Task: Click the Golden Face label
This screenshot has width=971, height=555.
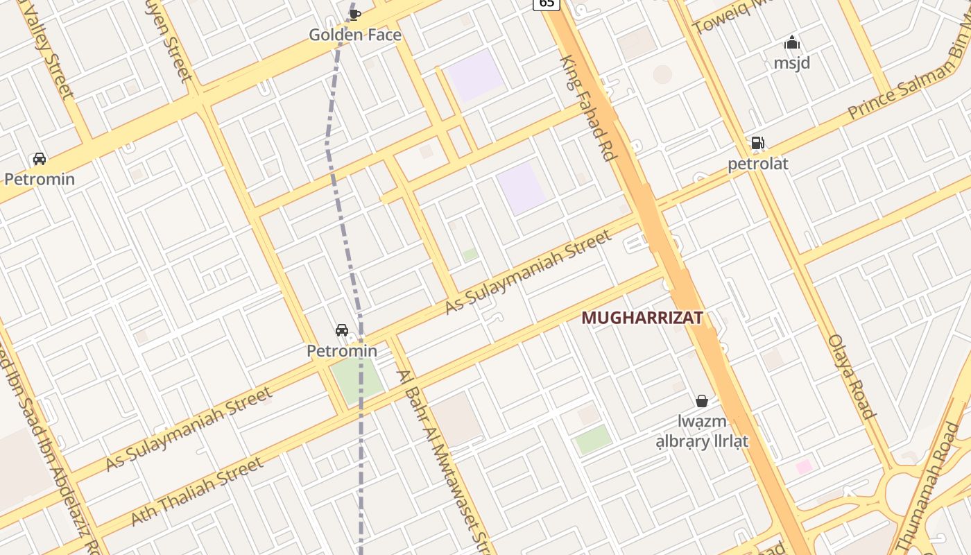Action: click(x=354, y=35)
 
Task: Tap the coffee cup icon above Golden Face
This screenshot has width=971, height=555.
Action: click(x=354, y=14)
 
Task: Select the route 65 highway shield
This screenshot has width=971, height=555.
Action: click(x=547, y=3)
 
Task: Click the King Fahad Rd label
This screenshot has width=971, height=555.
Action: click(x=588, y=108)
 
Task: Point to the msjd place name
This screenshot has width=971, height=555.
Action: click(x=791, y=63)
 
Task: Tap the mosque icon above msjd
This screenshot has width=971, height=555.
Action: click(x=791, y=43)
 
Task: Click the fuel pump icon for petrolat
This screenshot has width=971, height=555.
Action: click(x=757, y=144)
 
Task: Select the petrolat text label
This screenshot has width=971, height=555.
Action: click(x=757, y=164)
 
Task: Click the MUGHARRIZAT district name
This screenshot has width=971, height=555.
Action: click(x=642, y=318)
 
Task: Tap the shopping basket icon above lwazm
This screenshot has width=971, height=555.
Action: click(x=702, y=401)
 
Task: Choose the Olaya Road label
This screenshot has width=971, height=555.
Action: click(x=852, y=377)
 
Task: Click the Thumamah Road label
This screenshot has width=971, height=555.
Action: click(x=928, y=479)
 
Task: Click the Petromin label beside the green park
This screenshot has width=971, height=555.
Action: click(x=342, y=351)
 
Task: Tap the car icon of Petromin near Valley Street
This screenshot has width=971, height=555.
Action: click(x=40, y=159)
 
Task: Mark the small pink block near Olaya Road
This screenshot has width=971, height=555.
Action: click(x=804, y=467)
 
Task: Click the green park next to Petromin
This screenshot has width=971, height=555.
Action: click(x=356, y=379)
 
